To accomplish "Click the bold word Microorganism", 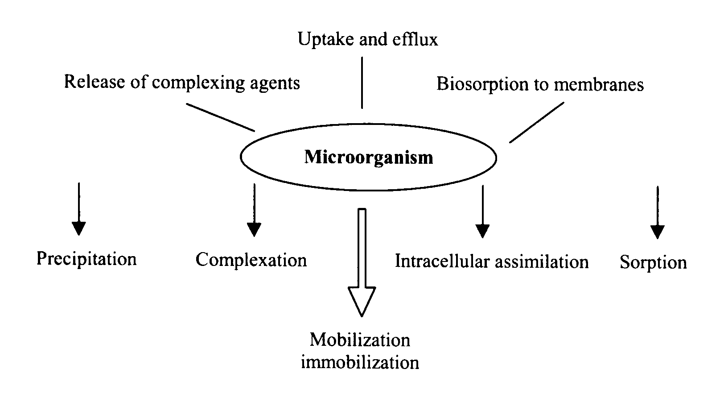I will click(368, 158).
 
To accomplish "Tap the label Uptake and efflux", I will click(368, 40).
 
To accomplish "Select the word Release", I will click(93, 82).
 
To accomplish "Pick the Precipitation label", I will click(86, 259).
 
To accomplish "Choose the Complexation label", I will click(251, 260).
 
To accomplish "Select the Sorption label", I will click(653, 262).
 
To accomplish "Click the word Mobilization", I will click(360, 340).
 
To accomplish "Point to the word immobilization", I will click(360, 362).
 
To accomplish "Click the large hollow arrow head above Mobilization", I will click(362, 301).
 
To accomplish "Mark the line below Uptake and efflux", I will click(362, 83).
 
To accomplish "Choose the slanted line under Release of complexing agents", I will click(220, 117).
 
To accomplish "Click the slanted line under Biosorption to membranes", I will click(537, 122).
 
